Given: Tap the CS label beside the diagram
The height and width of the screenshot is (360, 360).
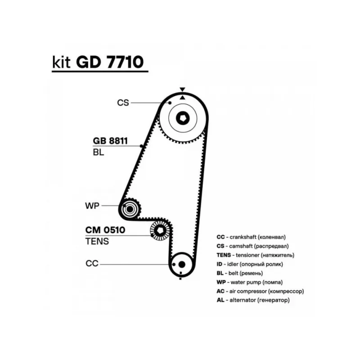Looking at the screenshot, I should click(x=123, y=103).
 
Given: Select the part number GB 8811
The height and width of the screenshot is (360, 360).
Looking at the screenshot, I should click(x=110, y=141).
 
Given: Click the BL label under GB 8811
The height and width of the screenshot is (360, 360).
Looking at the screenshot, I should click(x=98, y=152).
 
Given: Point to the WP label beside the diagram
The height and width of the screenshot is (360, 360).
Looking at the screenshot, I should click(x=91, y=206).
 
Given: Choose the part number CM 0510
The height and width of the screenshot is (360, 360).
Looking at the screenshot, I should click(x=105, y=230).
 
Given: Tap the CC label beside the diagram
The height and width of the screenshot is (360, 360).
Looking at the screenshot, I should click(x=92, y=264).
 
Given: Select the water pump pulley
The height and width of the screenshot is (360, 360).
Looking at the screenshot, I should click(x=130, y=209).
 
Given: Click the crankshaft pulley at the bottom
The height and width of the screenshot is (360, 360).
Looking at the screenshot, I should click(x=181, y=264).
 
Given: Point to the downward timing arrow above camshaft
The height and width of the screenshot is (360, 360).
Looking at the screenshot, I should click(x=182, y=90).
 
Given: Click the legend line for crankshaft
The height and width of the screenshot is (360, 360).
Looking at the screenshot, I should click(x=251, y=237).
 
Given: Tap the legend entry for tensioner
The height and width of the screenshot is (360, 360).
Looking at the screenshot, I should click(x=255, y=255).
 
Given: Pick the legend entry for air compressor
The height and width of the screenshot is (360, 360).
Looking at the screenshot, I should click(x=260, y=291).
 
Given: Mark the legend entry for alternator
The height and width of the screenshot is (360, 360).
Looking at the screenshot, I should click(x=252, y=300).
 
